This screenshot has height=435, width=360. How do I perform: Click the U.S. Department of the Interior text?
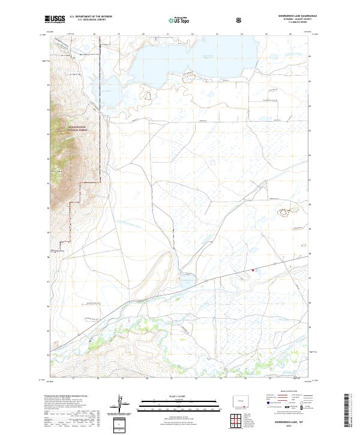91,17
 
